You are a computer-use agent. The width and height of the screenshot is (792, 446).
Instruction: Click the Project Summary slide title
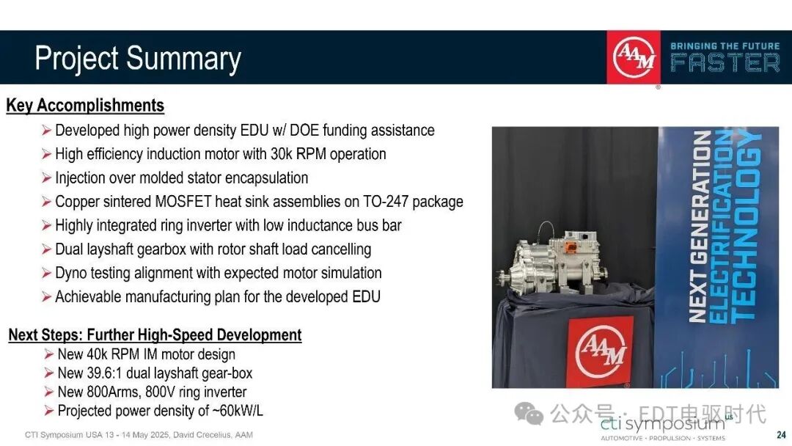coord(138,59)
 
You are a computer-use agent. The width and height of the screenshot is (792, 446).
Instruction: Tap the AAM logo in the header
coord(634,57)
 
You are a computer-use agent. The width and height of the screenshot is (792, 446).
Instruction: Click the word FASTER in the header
coord(725,63)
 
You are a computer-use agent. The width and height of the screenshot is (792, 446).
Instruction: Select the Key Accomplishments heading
coord(85,106)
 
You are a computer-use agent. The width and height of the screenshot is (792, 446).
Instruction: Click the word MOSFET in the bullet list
coord(183,202)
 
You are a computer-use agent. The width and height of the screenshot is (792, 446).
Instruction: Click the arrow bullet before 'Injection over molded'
coord(46,178)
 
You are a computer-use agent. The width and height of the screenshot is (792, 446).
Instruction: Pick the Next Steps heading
coord(155,335)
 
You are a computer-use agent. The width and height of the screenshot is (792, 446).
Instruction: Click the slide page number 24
coord(781,434)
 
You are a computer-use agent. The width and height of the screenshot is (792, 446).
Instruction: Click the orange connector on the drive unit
coord(571,247)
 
